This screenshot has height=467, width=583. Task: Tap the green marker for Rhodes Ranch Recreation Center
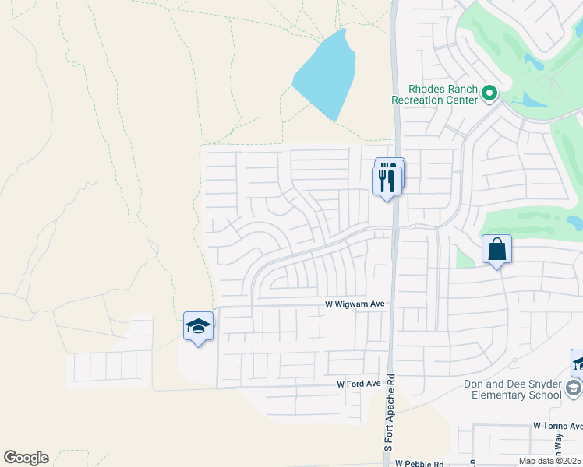point(489,94)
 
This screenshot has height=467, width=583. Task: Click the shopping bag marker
point(496,250)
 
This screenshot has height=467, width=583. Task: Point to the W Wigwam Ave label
point(355,306)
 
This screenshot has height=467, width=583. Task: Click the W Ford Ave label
point(359,384)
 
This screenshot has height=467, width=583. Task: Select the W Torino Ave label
point(557,426)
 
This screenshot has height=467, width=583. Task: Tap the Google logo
point(26,458)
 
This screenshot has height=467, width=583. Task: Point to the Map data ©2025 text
point(550,460)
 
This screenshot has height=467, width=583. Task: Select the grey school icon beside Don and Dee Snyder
point(574,388)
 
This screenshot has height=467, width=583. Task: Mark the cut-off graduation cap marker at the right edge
point(578,363)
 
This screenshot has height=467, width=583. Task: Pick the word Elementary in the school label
point(509,395)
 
